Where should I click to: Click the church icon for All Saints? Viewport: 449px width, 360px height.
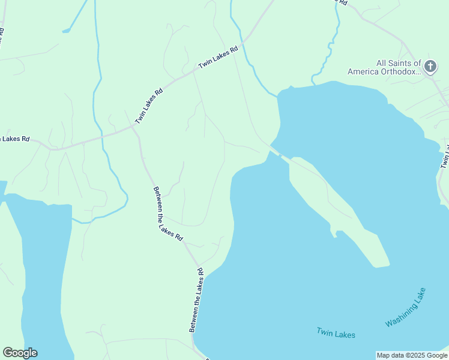430,66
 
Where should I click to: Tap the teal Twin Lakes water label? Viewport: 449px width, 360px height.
336,334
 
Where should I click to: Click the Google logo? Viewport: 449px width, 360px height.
20,353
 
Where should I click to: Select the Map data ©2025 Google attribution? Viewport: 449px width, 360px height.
411,355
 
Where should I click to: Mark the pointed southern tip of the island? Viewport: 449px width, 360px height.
384,264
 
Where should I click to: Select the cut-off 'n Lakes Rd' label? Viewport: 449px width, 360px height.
14,139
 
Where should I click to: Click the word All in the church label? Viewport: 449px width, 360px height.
382,63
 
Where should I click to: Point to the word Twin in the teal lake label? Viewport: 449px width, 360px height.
325,332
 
